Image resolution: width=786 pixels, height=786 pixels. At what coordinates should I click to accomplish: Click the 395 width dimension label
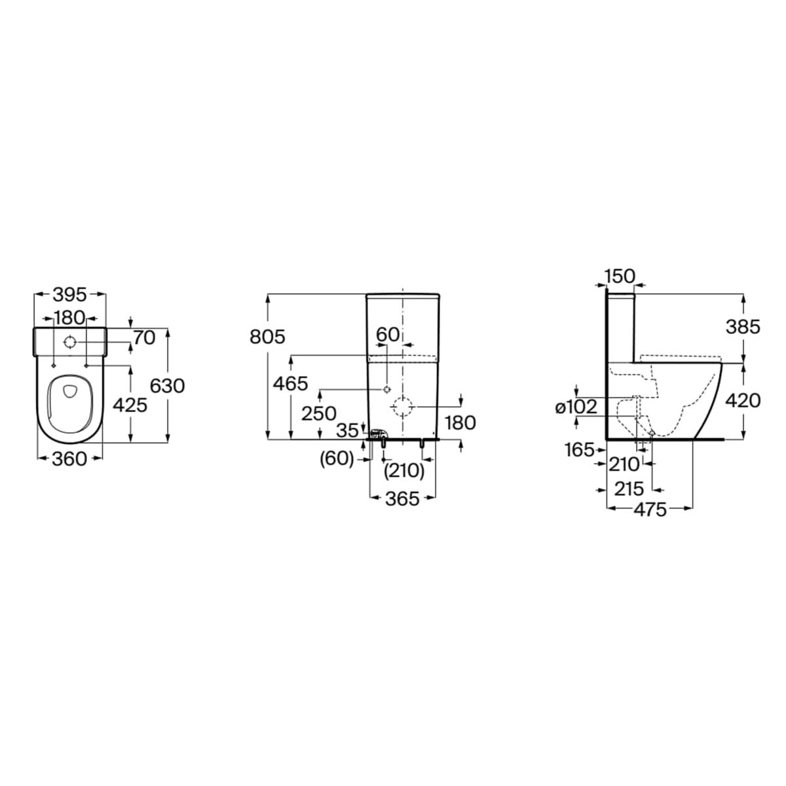71,295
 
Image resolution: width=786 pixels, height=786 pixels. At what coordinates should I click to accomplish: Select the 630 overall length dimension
167,386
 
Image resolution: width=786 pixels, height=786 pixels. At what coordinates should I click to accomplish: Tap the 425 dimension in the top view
130,405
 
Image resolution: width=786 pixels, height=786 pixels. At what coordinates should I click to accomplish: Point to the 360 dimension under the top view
69,459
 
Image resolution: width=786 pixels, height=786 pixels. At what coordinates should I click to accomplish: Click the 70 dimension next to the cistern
144,338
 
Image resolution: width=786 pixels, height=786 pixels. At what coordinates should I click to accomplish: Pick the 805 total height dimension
268,337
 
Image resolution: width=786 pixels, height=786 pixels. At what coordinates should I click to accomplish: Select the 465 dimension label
291,384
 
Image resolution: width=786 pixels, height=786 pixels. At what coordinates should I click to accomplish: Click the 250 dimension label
319,413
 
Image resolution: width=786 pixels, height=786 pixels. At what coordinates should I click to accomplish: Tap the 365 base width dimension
402,499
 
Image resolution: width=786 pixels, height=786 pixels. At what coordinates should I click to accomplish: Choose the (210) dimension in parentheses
404,472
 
